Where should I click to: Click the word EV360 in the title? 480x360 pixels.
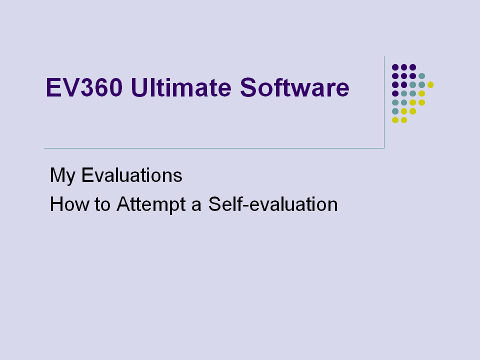pyautogui.click(x=84, y=88)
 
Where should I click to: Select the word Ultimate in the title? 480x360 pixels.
pyautogui.click(x=181, y=87)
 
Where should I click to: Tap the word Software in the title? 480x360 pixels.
pyautogui.click(x=294, y=87)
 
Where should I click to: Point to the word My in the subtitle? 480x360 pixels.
pyautogui.click(x=62, y=176)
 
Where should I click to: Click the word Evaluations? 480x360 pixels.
pyautogui.click(x=131, y=175)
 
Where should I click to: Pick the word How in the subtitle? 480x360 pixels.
pyautogui.click(x=69, y=204)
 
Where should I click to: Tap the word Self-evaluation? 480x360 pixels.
pyautogui.click(x=273, y=204)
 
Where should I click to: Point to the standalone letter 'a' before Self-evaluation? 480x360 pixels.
pyautogui.click(x=196, y=206)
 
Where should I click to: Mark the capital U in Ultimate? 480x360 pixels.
pyautogui.click(x=139, y=87)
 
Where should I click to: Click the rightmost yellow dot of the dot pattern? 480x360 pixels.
pyautogui.click(x=430, y=85)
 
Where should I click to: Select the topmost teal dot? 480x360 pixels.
pyautogui.click(x=421, y=76)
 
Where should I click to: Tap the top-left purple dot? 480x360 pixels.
pyautogui.click(x=395, y=67)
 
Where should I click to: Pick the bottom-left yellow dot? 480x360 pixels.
pyautogui.click(x=395, y=120)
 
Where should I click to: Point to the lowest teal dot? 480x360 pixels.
pyautogui.click(x=395, y=111)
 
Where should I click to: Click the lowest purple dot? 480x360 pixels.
pyautogui.click(x=395, y=93)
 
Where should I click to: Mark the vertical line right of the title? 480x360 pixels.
pyautogui.click(x=384, y=102)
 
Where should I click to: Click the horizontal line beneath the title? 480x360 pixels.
pyautogui.click(x=214, y=148)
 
